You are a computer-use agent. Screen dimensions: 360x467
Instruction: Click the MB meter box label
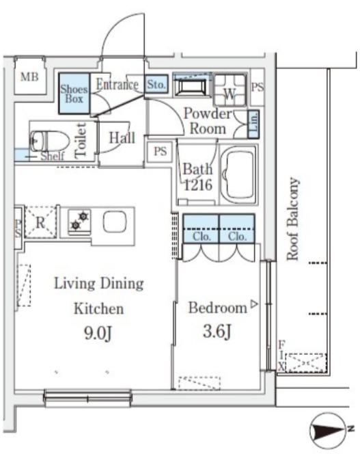30,77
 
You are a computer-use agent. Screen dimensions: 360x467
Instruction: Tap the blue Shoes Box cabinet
74,94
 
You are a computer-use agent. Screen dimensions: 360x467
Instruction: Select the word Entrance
117,85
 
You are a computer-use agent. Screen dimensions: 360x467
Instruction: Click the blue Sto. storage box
156,84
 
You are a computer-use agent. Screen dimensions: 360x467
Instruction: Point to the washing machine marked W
230,90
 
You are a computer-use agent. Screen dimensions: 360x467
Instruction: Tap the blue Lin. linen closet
253,124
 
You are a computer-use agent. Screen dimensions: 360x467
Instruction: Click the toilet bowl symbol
49,142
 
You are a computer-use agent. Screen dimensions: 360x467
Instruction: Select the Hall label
122,138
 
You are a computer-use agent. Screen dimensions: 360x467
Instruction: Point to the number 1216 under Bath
198,185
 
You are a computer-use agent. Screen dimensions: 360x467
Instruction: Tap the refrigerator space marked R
40,222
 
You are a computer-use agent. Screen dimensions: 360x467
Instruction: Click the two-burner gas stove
79,221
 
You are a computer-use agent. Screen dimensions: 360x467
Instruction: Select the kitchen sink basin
115,222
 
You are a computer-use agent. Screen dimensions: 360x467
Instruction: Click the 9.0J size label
98,333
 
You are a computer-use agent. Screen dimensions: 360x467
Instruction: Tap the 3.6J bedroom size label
217,331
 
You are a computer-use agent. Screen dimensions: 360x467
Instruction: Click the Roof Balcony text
292,219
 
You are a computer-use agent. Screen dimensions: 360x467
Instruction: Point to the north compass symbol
328,430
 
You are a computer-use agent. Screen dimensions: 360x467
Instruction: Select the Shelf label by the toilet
53,156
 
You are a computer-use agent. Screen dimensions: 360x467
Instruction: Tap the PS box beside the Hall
161,152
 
